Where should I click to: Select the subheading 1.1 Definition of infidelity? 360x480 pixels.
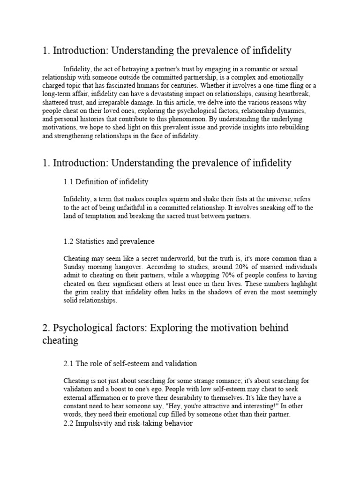pos(106,181)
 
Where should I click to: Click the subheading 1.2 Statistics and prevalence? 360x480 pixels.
pos(109,241)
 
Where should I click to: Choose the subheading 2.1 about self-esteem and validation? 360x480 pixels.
pos(130,363)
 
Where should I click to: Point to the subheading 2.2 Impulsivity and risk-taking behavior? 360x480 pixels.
pos(127,423)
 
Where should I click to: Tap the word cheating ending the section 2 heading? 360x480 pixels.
pos(60,341)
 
